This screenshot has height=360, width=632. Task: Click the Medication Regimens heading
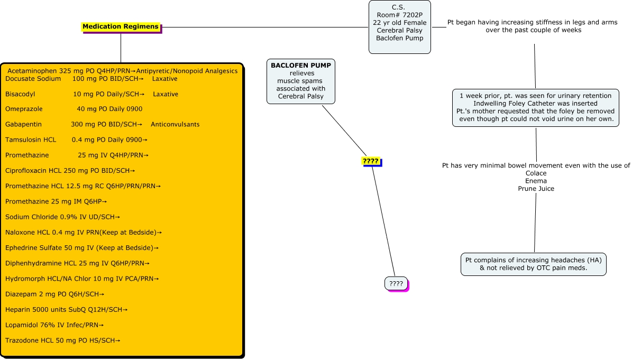click(x=120, y=26)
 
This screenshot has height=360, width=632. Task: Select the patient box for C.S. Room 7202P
click(x=399, y=26)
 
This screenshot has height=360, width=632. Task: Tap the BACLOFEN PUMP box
click(x=301, y=81)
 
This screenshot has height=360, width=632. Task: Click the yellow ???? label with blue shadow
click(x=370, y=161)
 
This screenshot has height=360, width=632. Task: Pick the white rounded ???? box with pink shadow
click(x=396, y=284)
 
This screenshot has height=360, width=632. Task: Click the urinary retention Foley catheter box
click(x=535, y=107)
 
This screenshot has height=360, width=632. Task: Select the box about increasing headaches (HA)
click(x=533, y=264)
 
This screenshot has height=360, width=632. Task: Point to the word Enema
click(x=536, y=181)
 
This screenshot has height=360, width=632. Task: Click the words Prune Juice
click(x=536, y=189)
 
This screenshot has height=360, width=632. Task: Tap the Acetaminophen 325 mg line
click(x=122, y=71)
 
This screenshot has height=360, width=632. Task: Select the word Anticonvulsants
click(x=175, y=124)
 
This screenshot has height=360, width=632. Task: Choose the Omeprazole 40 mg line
click(x=74, y=109)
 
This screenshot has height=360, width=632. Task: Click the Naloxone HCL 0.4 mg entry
click(x=83, y=232)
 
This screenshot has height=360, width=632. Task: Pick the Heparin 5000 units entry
click(x=66, y=309)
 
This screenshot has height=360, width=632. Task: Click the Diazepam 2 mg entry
click(x=54, y=294)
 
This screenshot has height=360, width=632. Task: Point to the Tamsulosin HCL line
click(x=76, y=140)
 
